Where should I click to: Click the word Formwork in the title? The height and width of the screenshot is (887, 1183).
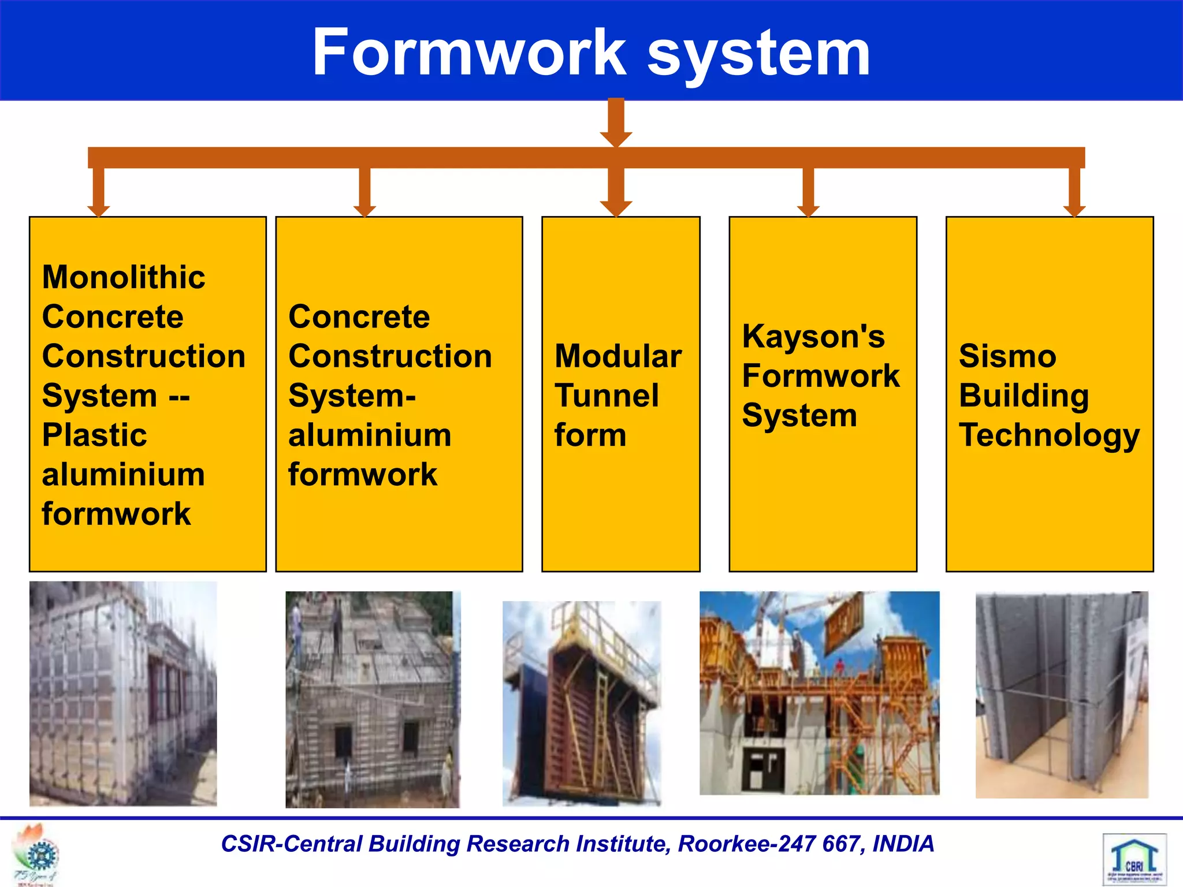(x=469, y=53)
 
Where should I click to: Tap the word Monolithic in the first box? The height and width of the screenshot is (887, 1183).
(x=124, y=277)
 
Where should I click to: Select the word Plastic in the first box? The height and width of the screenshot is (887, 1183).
(x=94, y=435)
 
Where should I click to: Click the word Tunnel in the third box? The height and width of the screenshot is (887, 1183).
(x=607, y=396)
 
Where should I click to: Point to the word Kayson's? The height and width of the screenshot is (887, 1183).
(x=813, y=337)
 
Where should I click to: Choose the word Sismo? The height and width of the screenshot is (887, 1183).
(x=1007, y=356)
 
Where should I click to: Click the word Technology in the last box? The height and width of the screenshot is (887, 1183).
(x=1049, y=436)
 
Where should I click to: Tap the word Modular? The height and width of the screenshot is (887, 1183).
(x=618, y=356)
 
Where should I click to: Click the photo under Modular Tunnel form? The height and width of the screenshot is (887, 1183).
(x=582, y=703)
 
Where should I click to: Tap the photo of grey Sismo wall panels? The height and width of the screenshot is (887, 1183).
(x=1062, y=695)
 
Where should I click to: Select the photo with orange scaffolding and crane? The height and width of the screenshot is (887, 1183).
(x=819, y=693)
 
